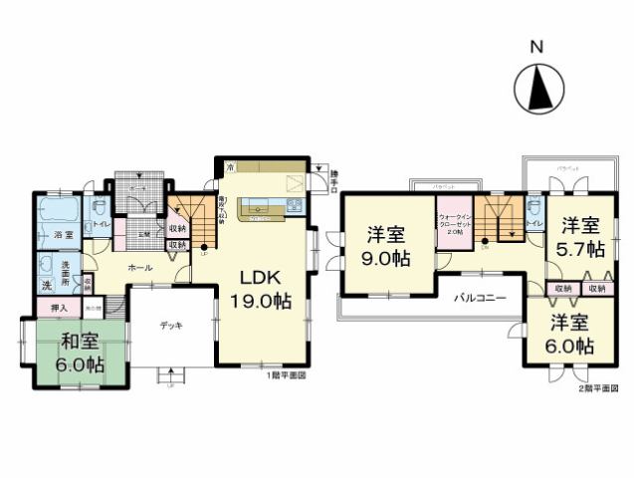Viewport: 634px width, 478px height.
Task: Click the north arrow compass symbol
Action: pos(538,89)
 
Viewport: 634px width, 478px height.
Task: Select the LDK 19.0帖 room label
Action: pos(261,286)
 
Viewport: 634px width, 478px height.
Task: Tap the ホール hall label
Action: pos(137,268)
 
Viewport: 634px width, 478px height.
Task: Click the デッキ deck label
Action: pos(168,325)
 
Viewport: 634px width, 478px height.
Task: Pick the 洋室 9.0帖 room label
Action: pos(386,246)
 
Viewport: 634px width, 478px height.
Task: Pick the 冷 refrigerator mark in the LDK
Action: pos(230,165)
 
